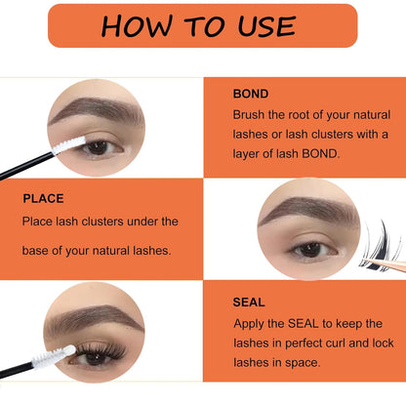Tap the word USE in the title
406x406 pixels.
point(262,25)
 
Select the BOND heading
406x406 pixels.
point(252,95)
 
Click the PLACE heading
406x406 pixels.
point(44,198)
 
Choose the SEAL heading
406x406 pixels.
point(250,303)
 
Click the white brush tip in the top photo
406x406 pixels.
point(69,147)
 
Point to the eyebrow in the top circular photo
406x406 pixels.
point(93,110)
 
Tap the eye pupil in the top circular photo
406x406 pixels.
point(99,147)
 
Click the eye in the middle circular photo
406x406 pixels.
point(311,250)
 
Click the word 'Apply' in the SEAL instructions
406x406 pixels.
point(251,323)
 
